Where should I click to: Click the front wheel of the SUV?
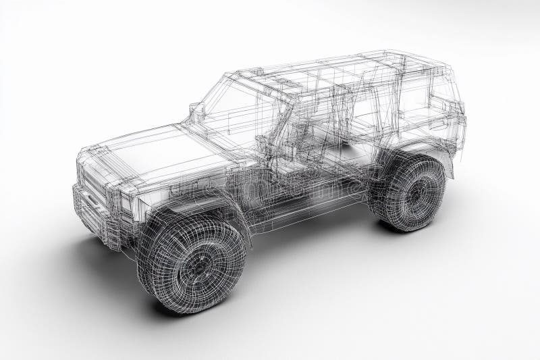(x=192, y=263)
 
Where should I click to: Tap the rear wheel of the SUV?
(x=410, y=193)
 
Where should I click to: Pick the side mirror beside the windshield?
(x=196, y=111)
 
